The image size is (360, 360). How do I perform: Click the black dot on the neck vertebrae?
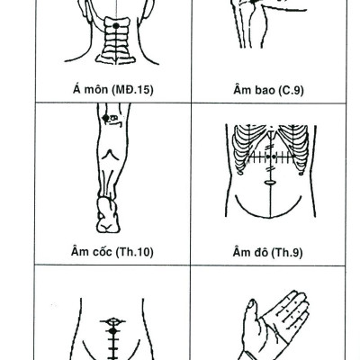pyautogui.click(x=116, y=26)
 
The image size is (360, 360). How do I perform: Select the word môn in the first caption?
pyautogui.click(x=97, y=90)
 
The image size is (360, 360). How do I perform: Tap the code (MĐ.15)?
pyautogui.click(x=132, y=90)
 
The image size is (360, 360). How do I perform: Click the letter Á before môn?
pyautogui.click(x=76, y=89)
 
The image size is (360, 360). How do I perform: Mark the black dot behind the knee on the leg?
pyautogui.click(x=105, y=118)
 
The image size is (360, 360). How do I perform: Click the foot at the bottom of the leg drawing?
pyautogui.click(x=108, y=215)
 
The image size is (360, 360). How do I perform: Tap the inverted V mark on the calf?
pyautogui.click(x=111, y=155)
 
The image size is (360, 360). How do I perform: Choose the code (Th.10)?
pyautogui.click(x=134, y=252)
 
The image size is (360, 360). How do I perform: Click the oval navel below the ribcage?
pyautogui.click(x=270, y=182)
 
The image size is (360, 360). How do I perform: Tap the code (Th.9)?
pyautogui.click(x=287, y=253)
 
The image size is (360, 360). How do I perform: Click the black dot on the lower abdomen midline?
pyautogui.click(x=112, y=331)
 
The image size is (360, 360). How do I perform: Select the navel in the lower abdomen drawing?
pyautogui.click(x=112, y=321)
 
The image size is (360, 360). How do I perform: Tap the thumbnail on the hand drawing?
pyautogui.click(x=251, y=305)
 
